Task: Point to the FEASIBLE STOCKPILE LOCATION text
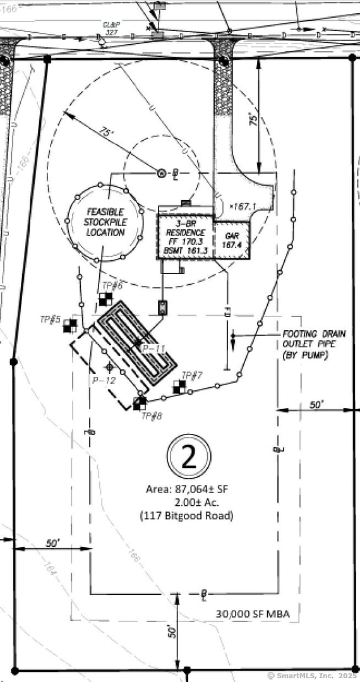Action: pos(104,222)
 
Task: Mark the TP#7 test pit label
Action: pos(191,376)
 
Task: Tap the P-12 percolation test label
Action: pos(103,380)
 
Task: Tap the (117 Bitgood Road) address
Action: pos(186,516)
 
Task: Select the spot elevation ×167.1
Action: pos(243,206)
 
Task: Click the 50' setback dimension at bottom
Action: pos(171,631)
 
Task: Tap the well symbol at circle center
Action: pos(160,172)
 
